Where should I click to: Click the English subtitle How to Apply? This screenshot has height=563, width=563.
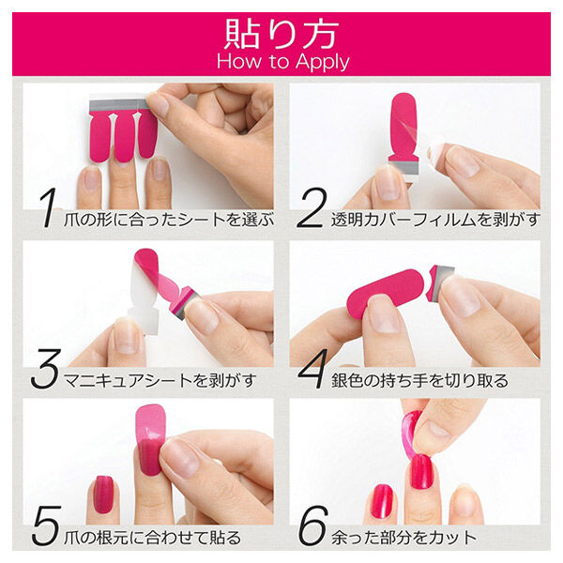click(281, 61)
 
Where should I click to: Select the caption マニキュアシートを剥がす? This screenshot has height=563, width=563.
click(160, 380)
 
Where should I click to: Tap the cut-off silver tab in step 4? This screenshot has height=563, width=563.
click(437, 280)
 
